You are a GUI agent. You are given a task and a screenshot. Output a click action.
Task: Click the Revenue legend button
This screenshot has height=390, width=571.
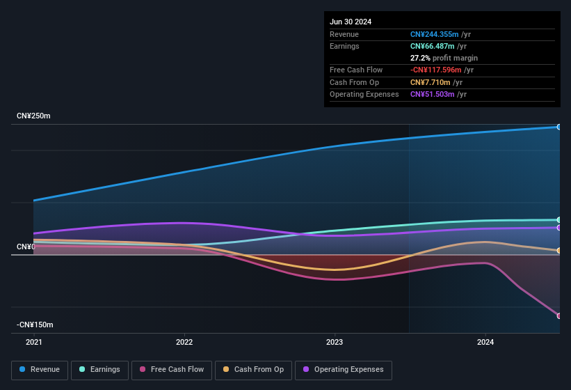(40, 370)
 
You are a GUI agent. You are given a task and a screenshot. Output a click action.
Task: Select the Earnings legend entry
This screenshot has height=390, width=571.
(100, 370)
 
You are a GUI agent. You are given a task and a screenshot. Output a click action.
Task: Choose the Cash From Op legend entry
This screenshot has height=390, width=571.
(254, 370)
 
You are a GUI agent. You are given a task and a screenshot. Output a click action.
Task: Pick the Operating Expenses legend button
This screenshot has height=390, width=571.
(344, 370)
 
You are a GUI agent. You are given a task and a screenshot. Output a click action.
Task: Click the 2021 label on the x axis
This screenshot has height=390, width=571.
(33, 342)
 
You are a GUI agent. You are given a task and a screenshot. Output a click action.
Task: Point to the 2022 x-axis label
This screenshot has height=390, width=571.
(184, 342)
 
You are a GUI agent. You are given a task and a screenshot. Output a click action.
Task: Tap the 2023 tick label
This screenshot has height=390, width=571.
(335, 342)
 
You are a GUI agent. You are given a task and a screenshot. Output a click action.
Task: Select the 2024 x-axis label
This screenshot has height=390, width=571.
(485, 342)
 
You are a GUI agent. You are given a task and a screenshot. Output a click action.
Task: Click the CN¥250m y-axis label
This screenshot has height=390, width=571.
(33, 116)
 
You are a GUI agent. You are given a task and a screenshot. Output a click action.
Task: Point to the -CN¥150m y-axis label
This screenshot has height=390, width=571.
(35, 325)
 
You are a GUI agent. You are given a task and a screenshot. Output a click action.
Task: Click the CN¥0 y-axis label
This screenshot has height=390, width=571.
(26, 247)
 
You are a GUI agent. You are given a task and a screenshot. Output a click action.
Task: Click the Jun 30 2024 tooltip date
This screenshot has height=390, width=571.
(351, 22)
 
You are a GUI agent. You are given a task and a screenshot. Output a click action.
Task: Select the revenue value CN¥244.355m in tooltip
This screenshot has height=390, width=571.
(435, 34)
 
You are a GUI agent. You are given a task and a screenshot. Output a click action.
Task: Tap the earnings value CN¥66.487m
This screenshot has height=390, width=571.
(433, 46)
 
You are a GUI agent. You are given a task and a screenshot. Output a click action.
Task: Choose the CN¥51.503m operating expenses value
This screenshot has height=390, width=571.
(433, 94)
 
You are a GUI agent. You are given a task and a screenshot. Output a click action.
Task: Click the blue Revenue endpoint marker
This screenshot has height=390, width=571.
(559, 127)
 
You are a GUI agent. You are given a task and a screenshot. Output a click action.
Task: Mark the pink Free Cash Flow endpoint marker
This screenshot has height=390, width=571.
(559, 316)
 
